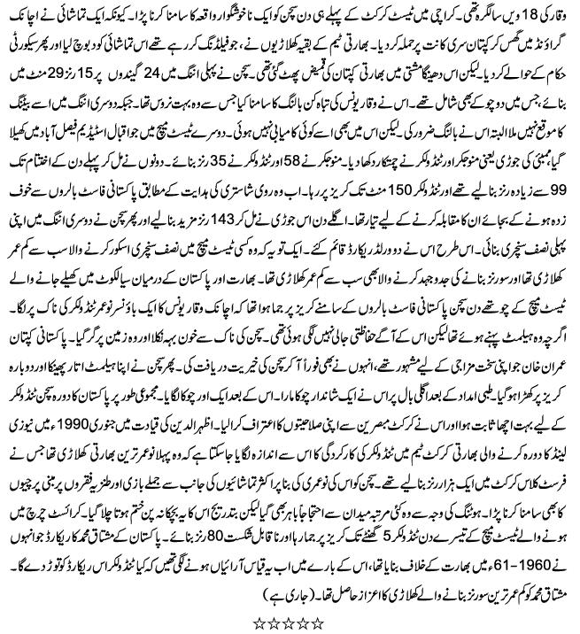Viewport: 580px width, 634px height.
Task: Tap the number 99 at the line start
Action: coord(556,216)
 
